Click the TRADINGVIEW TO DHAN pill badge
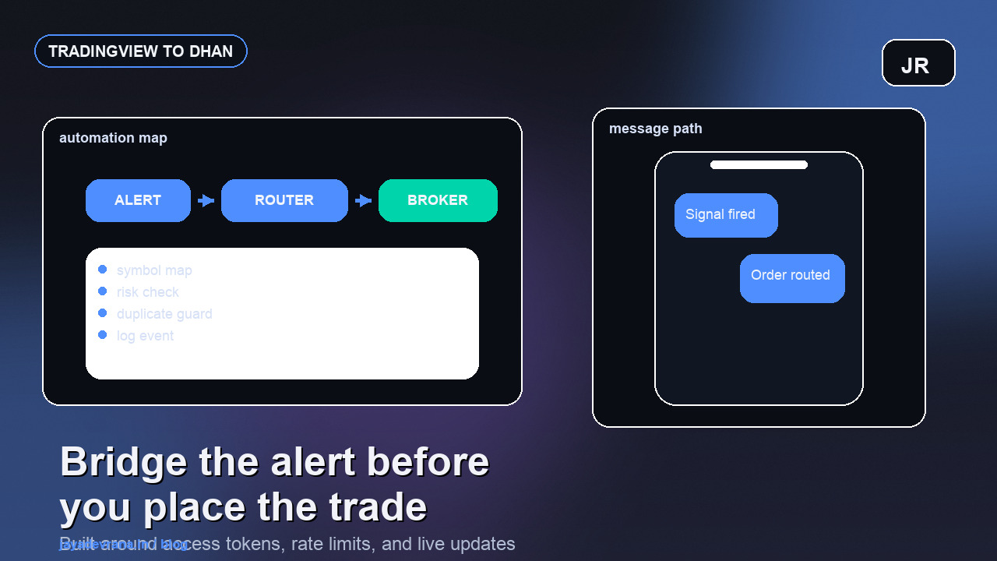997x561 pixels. click(x=141, y=51)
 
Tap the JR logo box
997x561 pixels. click(x=918, y=63)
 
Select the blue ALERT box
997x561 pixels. click(x=138, y=200)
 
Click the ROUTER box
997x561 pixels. click(x=284, y=200)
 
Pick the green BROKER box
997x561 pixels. click(x=438, y=200)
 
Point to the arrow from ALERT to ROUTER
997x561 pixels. click(x=206, y=201)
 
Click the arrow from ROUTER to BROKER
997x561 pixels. click(x=363, y=201)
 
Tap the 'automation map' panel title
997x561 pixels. click(x=113, y=138)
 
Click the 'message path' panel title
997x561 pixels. click(x=655, y=129)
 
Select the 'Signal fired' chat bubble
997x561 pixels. click(x=726, y=215)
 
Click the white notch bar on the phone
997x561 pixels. click(x=759, y=164)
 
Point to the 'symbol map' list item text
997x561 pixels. click(x=154, y=270)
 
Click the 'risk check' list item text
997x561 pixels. click(x=148, y=292)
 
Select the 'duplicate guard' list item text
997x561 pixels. click(x=164, y=314)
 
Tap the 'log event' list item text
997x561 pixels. click(x=145, y=336)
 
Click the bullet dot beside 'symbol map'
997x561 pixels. click(x=102, y=270)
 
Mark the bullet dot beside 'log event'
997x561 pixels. click(x=102, y=335)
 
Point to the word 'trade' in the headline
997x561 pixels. click(x=378, y=507)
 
